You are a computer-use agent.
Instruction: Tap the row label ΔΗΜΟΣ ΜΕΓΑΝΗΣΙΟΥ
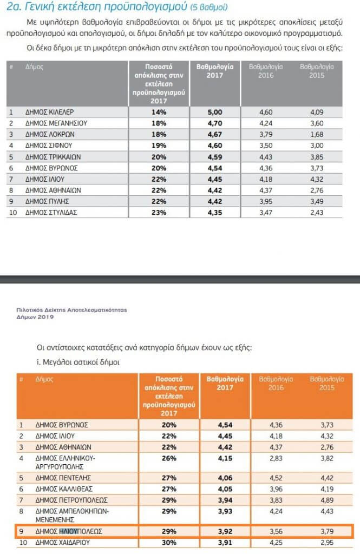pyautogui.click(x=56, y=123)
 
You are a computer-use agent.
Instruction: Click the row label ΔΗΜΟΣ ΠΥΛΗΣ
pyautogui.click(x=49, y=201)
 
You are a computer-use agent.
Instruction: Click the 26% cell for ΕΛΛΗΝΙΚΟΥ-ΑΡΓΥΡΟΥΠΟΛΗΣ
pyautogui.click(x=169, y=458)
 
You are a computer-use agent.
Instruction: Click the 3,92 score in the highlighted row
pyautogui.click(x=221, y=532)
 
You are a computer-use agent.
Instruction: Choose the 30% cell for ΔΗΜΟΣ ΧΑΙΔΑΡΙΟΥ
pyautogui.click(x=169, y=543)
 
